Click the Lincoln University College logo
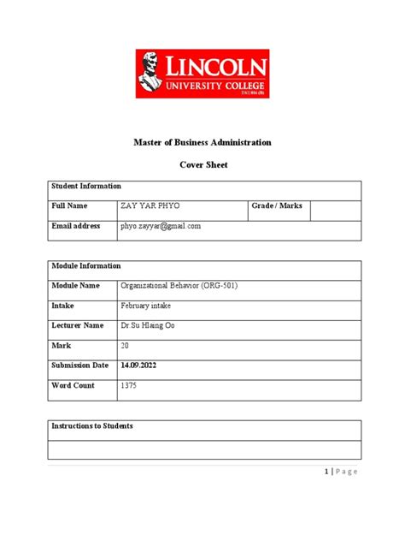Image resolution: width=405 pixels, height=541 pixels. [x=202, y=74]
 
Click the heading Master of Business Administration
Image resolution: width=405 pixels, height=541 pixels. [x=202, y=142]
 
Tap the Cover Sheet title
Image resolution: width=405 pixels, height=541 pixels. [x=202, y=165]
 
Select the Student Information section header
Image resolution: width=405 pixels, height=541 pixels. [x=86, y=186]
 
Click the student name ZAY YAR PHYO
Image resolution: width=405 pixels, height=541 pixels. [x=151, y=206]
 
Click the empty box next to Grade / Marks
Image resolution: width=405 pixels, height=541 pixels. [x=335, y=210]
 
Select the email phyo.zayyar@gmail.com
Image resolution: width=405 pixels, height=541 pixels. [x=161, y=226]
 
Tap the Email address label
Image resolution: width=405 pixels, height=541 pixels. [x=76, y=226]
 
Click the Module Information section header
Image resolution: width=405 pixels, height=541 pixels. [x=86, y=266]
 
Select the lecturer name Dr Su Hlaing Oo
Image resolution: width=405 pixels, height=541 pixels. [x=150, y=325]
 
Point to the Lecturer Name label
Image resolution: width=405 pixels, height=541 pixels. [x=78, y=325]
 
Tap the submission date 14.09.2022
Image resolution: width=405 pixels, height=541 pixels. [x=138, y=366]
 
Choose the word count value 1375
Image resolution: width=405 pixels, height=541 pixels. [x=129, y=386]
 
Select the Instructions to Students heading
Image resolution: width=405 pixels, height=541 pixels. [x=92, y=425]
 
